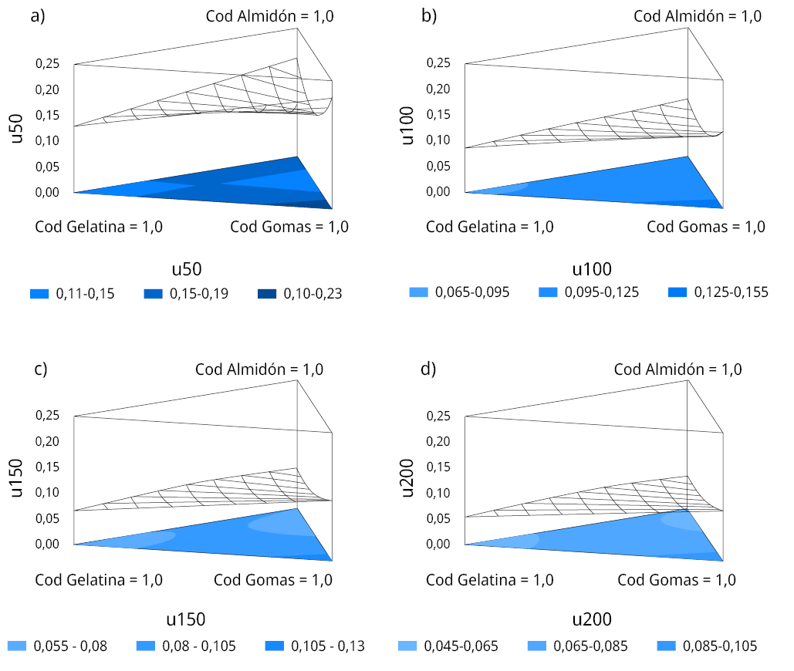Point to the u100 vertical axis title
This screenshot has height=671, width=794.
click(409, 126)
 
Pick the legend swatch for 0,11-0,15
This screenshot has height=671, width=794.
click(39, 294)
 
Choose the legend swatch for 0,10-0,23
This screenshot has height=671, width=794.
click(267, 294)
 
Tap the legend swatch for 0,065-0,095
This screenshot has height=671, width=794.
click(417, 292)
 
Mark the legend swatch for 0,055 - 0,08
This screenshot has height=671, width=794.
click(18, 646)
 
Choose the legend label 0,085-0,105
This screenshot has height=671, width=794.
click(721, 646)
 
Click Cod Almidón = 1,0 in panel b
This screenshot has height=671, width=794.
click(698, 16)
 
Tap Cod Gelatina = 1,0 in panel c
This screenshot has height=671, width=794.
click(99, 580)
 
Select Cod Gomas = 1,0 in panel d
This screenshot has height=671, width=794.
click(677, 580)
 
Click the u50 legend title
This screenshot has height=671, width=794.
click(186, 269)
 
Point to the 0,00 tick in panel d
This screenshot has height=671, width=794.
click(439, 544)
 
